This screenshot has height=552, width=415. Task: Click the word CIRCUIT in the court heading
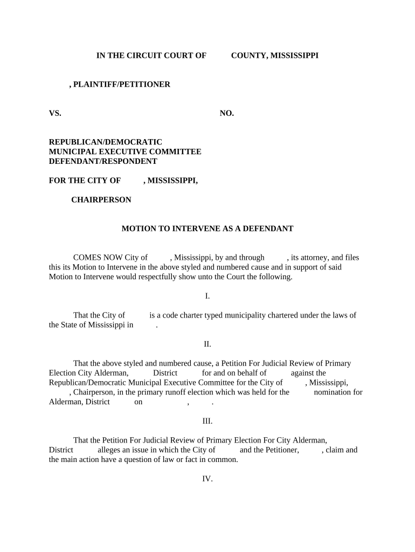[x=142, y=56]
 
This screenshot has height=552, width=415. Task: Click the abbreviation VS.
[x=55, y=113]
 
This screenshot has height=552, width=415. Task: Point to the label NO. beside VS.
[x=226, y=113]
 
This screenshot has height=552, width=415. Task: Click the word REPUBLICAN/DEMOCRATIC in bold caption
[x=105, y=142]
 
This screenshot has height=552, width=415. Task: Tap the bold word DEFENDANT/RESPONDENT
[x=103, y=161]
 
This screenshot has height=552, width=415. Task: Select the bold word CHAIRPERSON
[x=101, y=200]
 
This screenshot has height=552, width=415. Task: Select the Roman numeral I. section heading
[x=207, y=296]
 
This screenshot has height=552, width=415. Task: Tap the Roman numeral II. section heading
[x=207, y=344]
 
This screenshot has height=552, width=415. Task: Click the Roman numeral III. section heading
[x=207, y=421]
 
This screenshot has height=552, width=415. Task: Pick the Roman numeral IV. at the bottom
[x=207, y=479]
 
